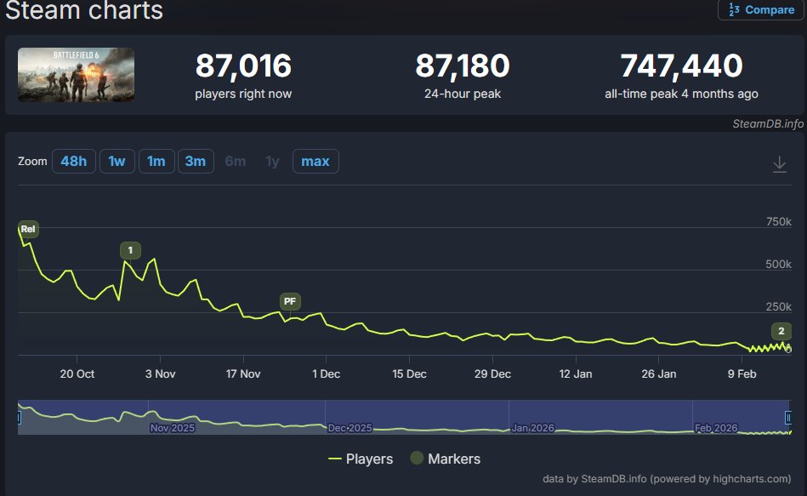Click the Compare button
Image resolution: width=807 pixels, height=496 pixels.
(x=761, y=10)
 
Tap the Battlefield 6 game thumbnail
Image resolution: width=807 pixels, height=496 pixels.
(x=77, y=75)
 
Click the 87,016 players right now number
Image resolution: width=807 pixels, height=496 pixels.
(x=243, y=66)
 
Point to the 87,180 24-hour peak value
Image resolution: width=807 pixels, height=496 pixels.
(x=462, y=66)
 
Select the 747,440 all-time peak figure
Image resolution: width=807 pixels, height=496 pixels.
(x=681, y=66)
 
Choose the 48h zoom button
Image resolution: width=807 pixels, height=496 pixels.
(x=74, y=161)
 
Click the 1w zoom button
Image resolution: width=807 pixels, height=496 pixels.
(x=117, y=161)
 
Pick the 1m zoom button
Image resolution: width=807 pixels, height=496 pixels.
(x=156, y=161)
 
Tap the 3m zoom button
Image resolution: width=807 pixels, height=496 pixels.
(x=196, y=161)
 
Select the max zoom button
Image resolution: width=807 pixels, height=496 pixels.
(x=315, y=161)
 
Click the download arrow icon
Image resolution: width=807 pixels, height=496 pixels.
(x=780, y=164)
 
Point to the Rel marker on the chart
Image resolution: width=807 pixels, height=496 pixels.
(x=28, y=229)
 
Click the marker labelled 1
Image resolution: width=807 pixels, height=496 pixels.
(x=130, y=250)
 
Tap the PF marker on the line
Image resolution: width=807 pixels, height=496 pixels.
(x=290, y=301)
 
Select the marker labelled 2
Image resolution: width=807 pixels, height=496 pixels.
(x=781, y=331)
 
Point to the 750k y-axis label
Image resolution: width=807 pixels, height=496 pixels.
(x=779, y=221)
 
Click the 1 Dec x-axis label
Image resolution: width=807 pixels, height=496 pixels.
(x=327, y=374)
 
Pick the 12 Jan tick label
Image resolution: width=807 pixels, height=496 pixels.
(x=576, y=374)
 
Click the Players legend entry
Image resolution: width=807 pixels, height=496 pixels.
(x=361, y=459)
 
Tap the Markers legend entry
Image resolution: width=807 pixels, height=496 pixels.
(x=446, y=459)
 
